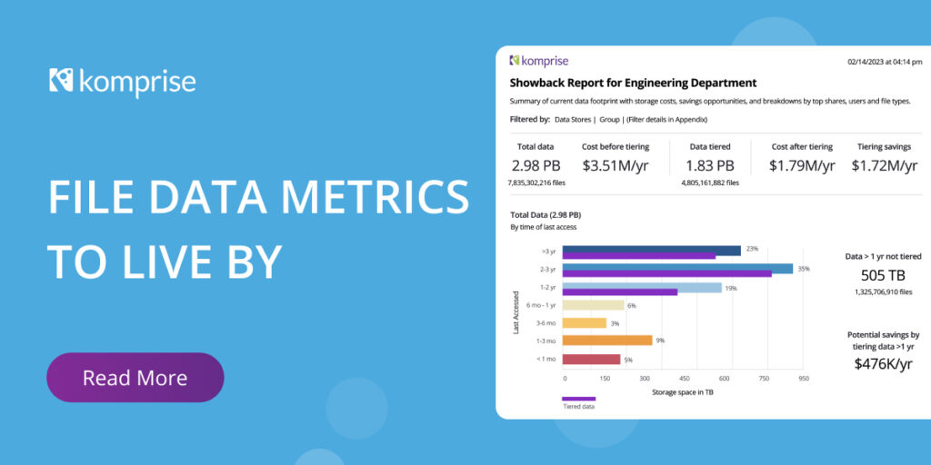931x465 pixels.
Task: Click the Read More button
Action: (135, 378)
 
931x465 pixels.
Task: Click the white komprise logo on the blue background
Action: (123, 81)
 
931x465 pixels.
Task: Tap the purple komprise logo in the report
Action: (539, 61)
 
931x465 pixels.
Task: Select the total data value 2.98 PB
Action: (536, 165)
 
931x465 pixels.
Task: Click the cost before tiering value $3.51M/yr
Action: (615, 165)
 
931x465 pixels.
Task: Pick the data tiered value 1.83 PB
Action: (711, 165)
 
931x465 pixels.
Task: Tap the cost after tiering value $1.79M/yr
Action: (801, 165)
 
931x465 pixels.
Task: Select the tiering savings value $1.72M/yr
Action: (885, 165)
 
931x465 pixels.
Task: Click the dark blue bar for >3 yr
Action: (651, 251)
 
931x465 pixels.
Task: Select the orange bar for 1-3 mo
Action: (607, 341)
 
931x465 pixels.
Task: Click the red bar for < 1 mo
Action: (591, 359)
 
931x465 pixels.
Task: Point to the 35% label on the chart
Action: (804, 269)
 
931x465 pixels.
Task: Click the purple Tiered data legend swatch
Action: (578, 399)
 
